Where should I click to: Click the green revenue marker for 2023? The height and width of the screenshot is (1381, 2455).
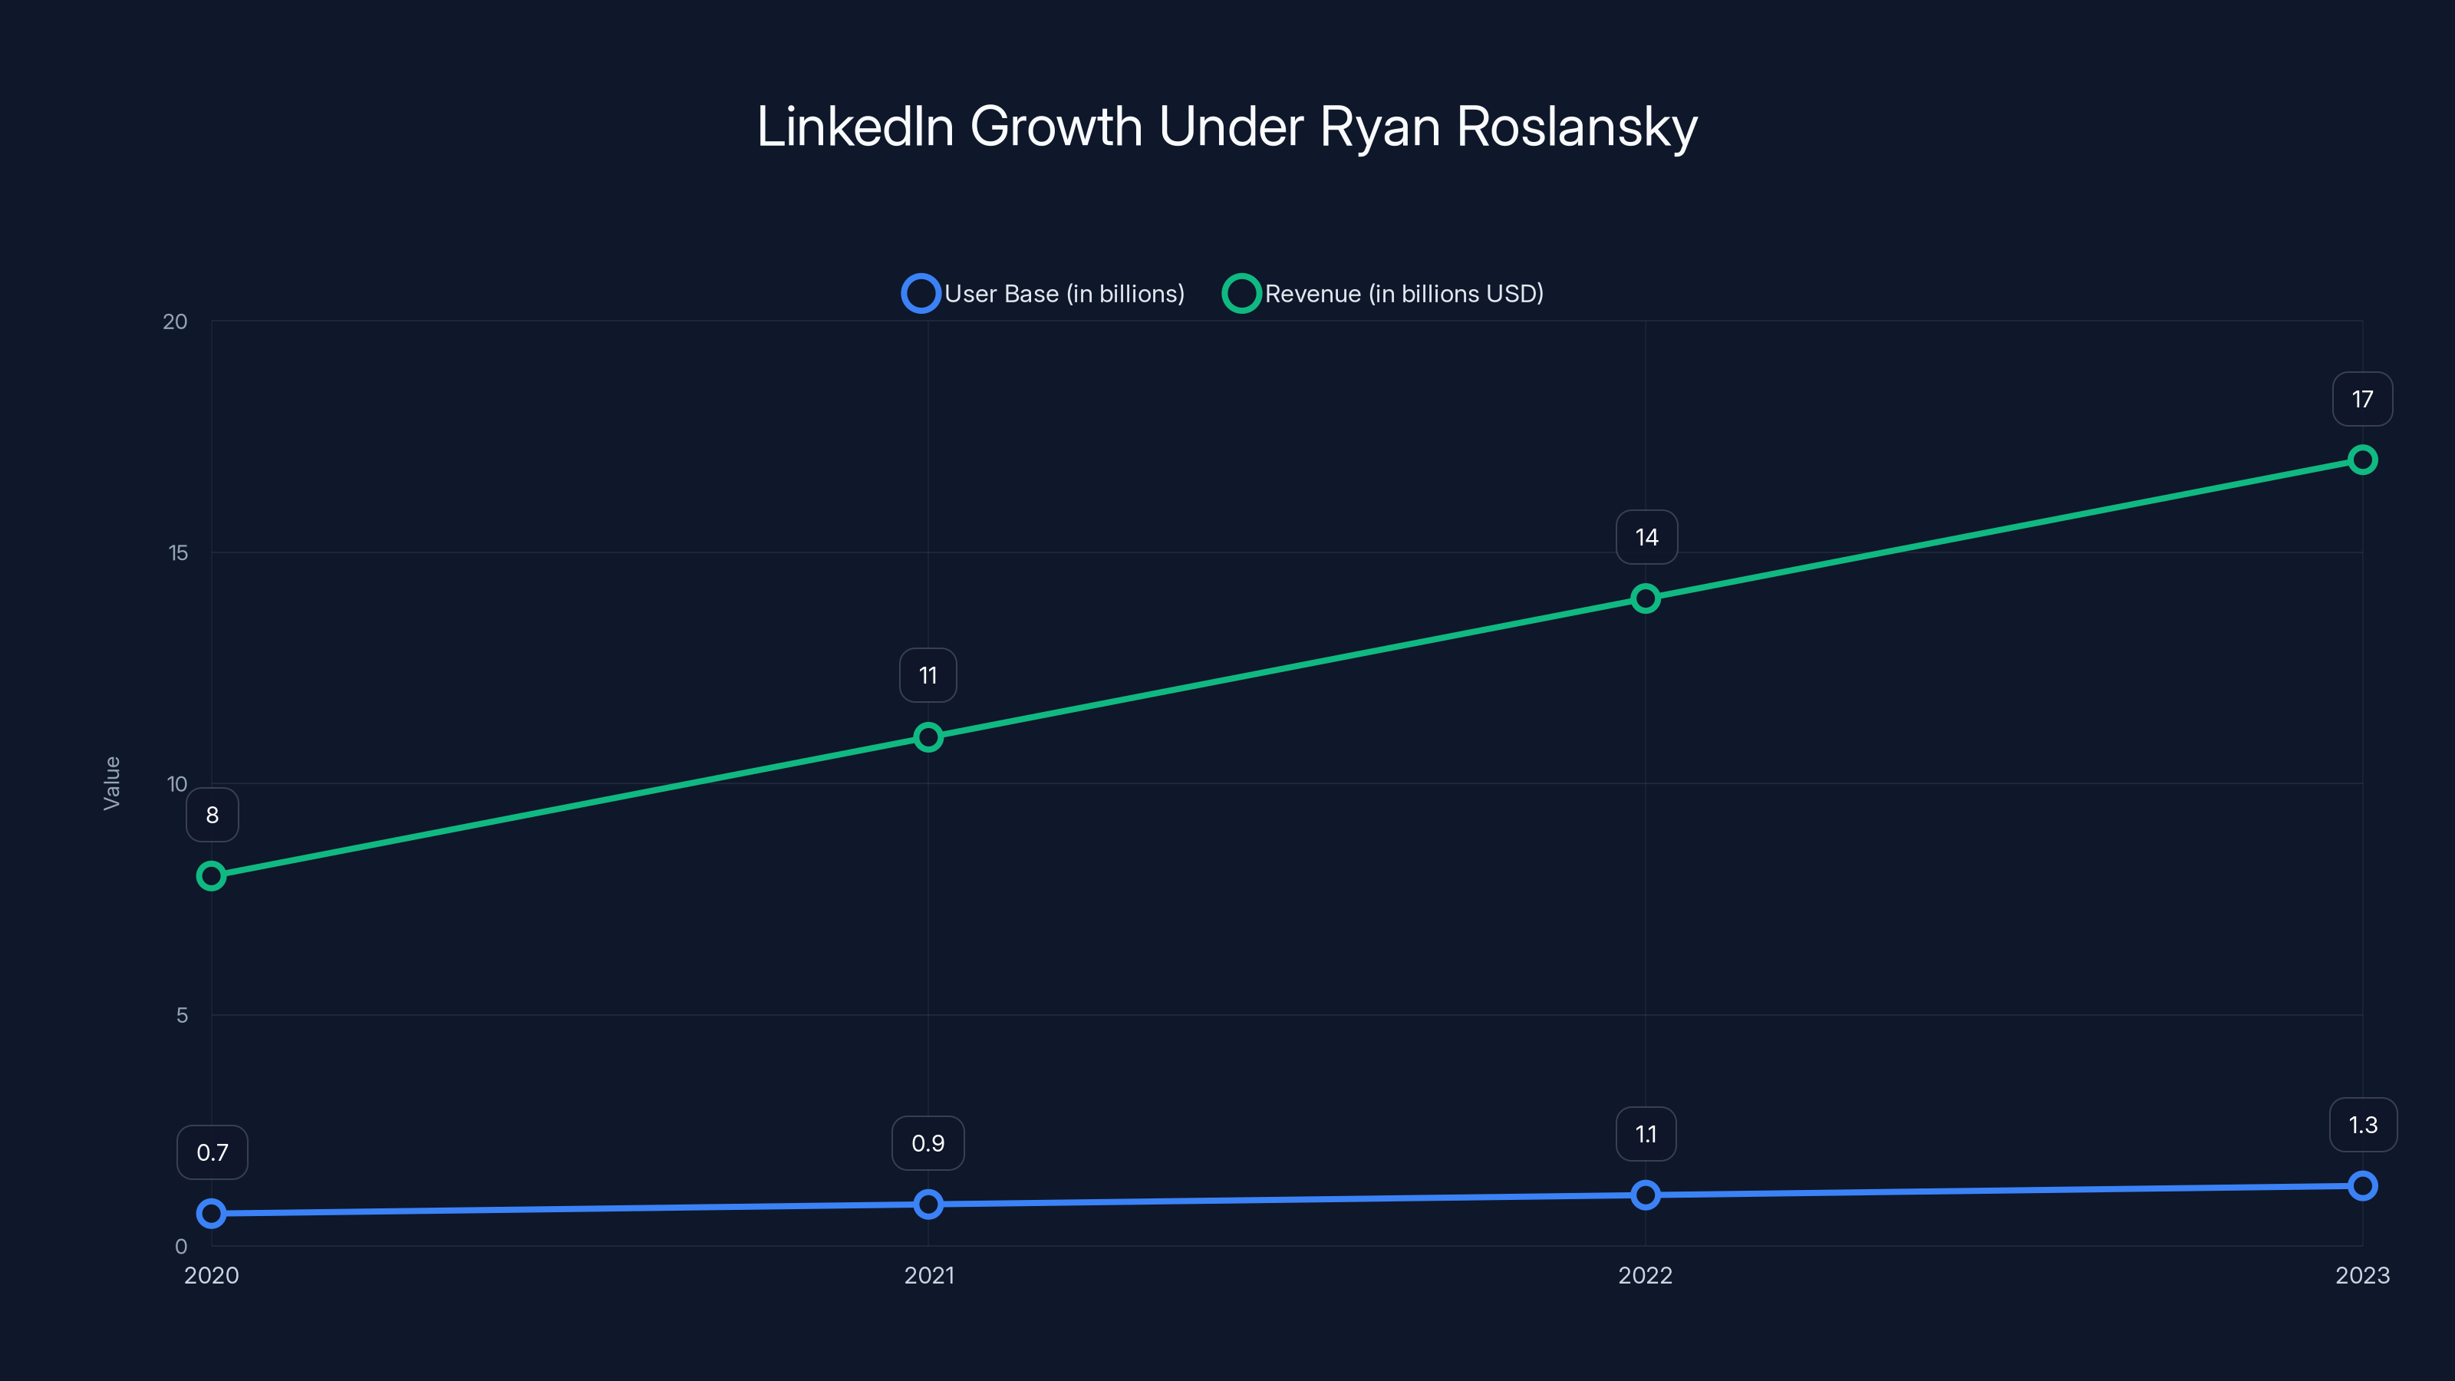click(2361, 460)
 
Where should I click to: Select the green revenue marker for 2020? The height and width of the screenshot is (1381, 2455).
click(212, 876)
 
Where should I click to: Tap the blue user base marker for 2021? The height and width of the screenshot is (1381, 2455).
click(928, 1204)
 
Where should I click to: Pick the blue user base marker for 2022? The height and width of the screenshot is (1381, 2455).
click(1645, 1195)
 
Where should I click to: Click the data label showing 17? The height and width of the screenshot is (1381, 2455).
click(2361, 399)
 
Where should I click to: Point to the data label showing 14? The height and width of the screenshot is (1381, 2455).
click(1646, 538)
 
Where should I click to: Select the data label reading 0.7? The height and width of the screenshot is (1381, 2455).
click(212, 1152)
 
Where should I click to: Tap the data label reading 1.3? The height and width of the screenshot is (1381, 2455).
click(2363, 1125)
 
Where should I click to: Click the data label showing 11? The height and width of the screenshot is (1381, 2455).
click(928, 676)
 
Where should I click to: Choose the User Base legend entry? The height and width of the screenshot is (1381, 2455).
click(1043, 294)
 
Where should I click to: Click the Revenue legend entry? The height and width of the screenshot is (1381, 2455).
click(1382, 294)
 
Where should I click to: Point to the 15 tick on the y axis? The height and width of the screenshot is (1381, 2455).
click(178, 552)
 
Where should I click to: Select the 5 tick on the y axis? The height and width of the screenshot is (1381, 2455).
click(182, 1015)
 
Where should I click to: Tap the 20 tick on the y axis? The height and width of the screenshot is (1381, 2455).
click(176, 321)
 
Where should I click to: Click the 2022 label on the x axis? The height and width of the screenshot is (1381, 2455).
click(1645, 1275)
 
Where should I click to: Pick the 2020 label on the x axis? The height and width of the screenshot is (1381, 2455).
click(212, 1275)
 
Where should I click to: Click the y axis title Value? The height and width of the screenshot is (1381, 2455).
click(111, 783)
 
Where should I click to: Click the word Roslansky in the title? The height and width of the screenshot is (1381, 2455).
click(1577, 127)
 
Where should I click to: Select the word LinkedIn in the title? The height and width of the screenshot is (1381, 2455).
click(855, 127)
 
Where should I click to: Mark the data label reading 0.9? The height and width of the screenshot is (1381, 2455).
click(928, 1142)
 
